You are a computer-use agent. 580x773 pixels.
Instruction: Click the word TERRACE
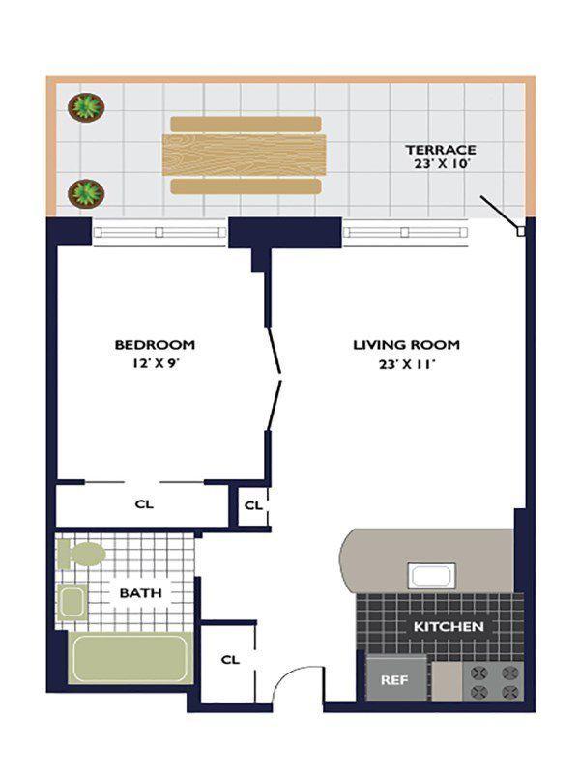pos(440,150)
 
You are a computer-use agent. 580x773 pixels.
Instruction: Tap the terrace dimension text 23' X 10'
pos(440,165)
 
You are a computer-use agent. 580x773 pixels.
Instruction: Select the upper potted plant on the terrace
pos(87,105)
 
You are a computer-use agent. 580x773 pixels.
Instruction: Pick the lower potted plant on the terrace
pos(86,192)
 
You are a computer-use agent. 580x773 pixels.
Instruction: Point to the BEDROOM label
pos(155,345)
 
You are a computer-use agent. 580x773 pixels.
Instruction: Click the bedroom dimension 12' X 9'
pos(155,365)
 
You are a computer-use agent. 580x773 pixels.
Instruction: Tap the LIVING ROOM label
pos(405,345)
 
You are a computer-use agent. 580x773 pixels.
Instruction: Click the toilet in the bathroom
pos(82,555)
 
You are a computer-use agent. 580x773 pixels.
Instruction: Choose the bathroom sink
pos(72,601)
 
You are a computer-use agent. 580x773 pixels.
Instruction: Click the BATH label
pos(140,592)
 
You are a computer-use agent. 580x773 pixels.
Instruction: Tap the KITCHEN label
pos(449,627)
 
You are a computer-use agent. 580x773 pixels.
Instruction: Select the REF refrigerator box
pos(394,679)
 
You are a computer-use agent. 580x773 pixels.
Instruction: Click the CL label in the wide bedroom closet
pos(144,504)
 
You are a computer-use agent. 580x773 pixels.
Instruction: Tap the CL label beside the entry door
pos(230,660)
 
